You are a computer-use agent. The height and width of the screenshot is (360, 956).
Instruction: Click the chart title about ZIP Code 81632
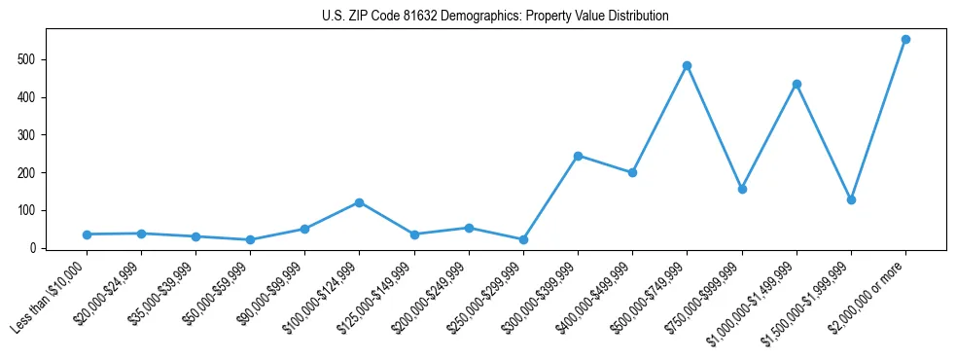pos(495,17)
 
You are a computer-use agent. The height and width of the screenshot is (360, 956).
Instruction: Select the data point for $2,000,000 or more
pos(905,40)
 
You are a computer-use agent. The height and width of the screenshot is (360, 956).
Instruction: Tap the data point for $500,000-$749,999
pos(687,66)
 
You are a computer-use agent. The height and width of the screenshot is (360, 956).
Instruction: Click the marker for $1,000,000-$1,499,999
pos(797,85)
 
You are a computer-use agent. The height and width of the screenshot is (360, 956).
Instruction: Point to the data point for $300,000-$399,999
pos(578,156)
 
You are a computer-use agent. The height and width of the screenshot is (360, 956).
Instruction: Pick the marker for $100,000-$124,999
pos(359,202)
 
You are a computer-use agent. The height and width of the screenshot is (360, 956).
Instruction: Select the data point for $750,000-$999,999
pos(742,189)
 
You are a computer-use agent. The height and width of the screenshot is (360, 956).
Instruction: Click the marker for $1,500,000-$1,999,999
pos(851,199)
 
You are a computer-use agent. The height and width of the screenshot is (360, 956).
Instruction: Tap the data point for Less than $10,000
pos(87,234)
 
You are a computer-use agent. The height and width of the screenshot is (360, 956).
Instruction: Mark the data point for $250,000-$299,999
pos(523,239)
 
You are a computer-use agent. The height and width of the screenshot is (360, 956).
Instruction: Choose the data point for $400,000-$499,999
pos(632,173)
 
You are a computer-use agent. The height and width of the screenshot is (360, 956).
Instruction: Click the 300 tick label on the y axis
pos(29,135)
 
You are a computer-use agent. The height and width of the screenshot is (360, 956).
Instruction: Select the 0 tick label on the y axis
pos(35,248)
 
